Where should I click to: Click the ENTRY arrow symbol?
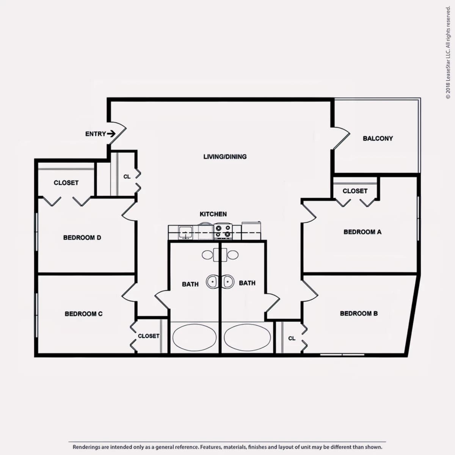111,134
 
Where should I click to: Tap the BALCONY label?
378,138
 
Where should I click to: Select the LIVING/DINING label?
225,157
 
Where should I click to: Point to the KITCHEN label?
213,214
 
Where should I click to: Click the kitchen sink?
185,232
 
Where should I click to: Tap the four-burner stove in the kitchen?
223,231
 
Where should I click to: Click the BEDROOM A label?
362,232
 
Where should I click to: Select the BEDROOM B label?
359,313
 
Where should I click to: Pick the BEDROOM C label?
83,314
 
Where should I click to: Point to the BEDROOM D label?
82,237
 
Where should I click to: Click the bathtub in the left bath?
195,337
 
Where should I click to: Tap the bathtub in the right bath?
247,337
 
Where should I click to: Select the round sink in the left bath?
212,282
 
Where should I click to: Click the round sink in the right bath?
227,282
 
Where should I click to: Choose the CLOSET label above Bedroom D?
66,183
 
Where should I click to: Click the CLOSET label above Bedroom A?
355,191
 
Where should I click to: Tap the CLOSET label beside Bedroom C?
149,336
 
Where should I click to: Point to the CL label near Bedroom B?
292,338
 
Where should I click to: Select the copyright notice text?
448,53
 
